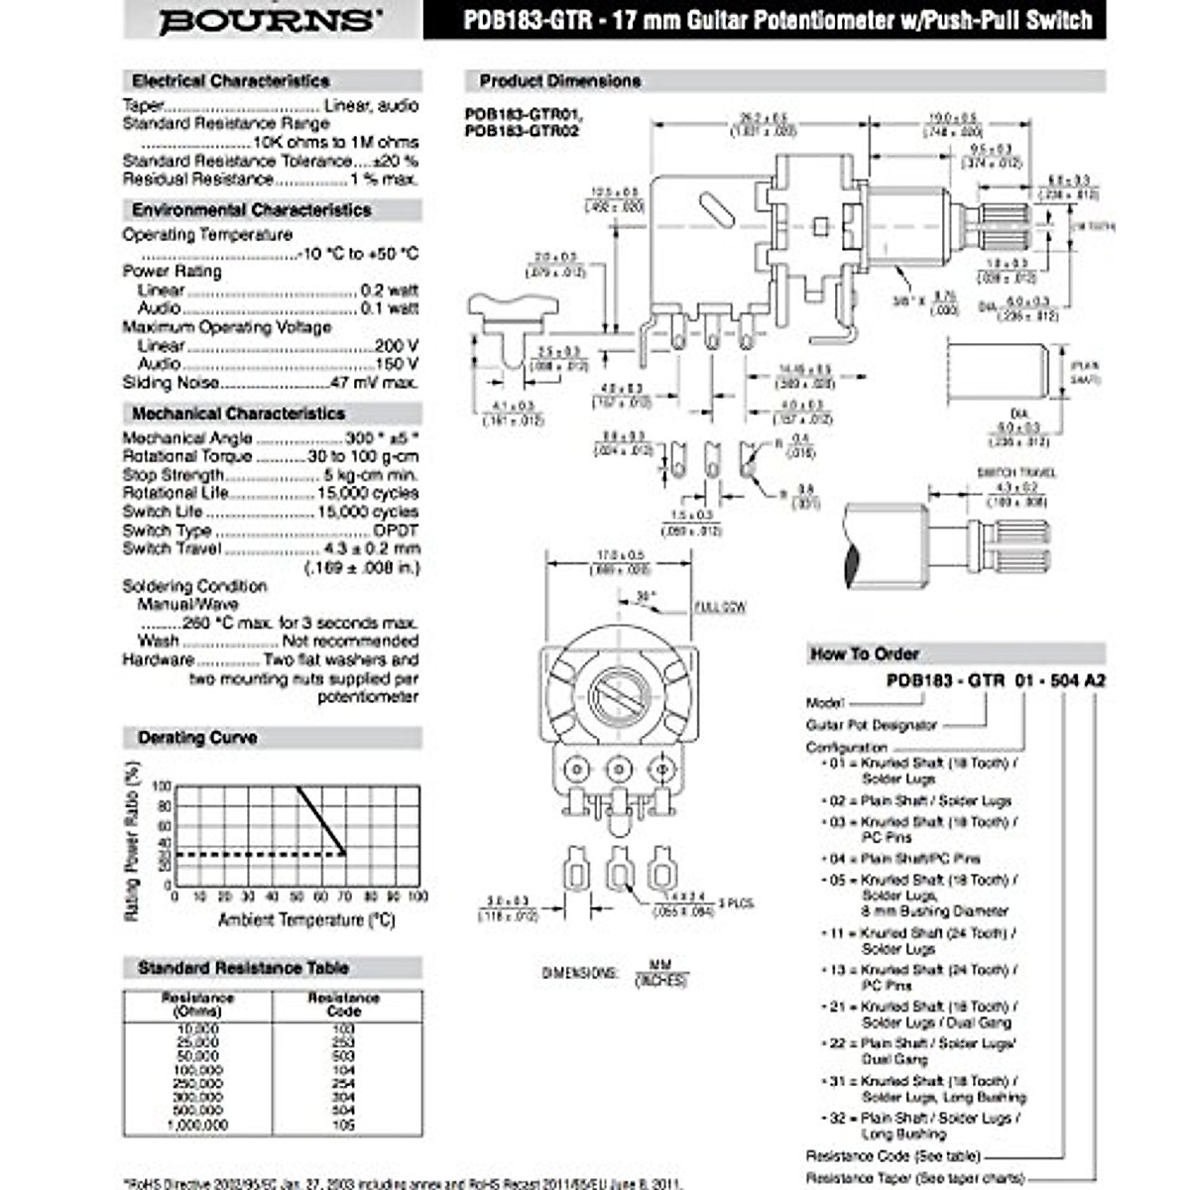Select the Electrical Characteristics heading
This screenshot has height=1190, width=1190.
pyautogui.click(x=230, y=81)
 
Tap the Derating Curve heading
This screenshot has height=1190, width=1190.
pyautogui.click(x=197, y=738)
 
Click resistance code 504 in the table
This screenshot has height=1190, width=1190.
pyautogui.click(x=343, y=1112)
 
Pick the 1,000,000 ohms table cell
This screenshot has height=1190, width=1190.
pyautogui.click(x=197, y=1126)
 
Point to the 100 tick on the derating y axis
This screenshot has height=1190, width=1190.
pyautogui.click(x=164, y=786)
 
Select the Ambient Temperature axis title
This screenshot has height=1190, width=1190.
pyautogui.click(x=306, y=920)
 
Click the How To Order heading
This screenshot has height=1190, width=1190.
pyautogui.click(x=864, y=654)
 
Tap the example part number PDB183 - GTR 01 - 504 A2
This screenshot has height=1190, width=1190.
pyautogui.click(x=996, y=680)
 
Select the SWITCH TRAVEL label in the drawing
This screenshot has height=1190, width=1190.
pyautogui.click(x=1016, y=473)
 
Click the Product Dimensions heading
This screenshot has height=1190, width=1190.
pyautogui.click(x=559, y=81)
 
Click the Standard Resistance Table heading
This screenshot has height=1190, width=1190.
pyautogui.click(x=243, y=968)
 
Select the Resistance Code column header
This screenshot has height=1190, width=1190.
pyautogui.click(x=343, y=1004)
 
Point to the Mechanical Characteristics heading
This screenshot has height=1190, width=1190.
pyautogui.click(x=238, y=414)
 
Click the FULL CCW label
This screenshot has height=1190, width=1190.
pyautogui.click(x=720, y=607)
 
